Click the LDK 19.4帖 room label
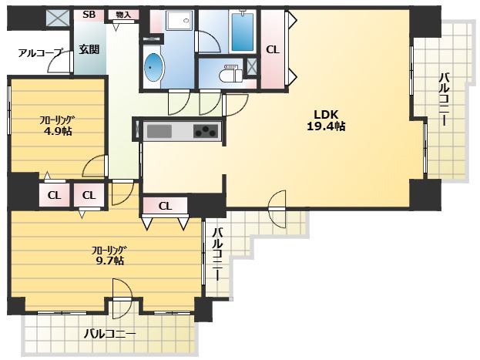[326, 120]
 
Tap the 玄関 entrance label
[89, 49]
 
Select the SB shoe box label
[89, 15]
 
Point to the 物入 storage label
[123, 15]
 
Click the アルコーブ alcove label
[40, 52]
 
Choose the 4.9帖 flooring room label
[58, 126]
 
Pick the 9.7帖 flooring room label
[109, 255]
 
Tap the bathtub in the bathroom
[243, 32]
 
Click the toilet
[231, 73]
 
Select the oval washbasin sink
[154, 67]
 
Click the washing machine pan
[180, 21]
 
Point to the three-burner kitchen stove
[206, 131]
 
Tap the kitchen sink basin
[159, 132]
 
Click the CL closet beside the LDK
[273, 49]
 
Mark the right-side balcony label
[445, 99]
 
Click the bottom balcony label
[109, 333]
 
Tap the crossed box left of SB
[59, 18]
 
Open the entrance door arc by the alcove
[59, 62]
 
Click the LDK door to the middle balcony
[277, 209]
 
